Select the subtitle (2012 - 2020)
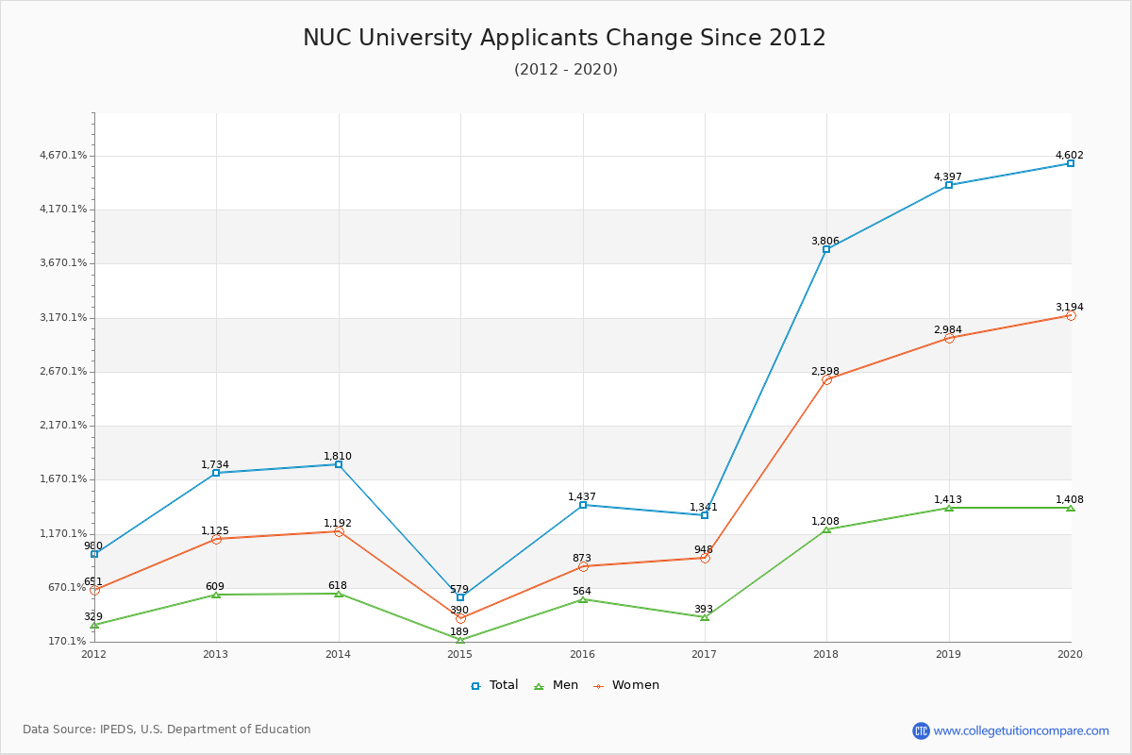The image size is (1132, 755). [566, 69]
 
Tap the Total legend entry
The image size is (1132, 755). [494, 685]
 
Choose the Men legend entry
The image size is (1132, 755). [557, 685]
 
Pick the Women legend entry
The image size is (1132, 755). [626, 685]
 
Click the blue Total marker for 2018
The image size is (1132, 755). [826, 249]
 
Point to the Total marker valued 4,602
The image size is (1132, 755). [1071, 163]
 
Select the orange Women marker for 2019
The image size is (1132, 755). [949, 338]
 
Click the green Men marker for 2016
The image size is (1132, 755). [583, 599]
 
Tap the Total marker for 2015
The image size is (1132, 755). [460, 597]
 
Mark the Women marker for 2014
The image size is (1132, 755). [339, 531]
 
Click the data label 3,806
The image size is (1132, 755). [825, 241]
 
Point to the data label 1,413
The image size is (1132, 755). [947, 499]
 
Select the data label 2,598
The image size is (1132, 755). [825, 371]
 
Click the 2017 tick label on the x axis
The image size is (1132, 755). [704, 654]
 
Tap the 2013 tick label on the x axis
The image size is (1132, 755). [215, 654]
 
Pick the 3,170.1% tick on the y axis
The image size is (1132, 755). [63, 318]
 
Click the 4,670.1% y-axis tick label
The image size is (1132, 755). [63, 156]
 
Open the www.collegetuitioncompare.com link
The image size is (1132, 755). [1021, 730]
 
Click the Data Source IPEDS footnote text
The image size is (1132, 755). [167, 730]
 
